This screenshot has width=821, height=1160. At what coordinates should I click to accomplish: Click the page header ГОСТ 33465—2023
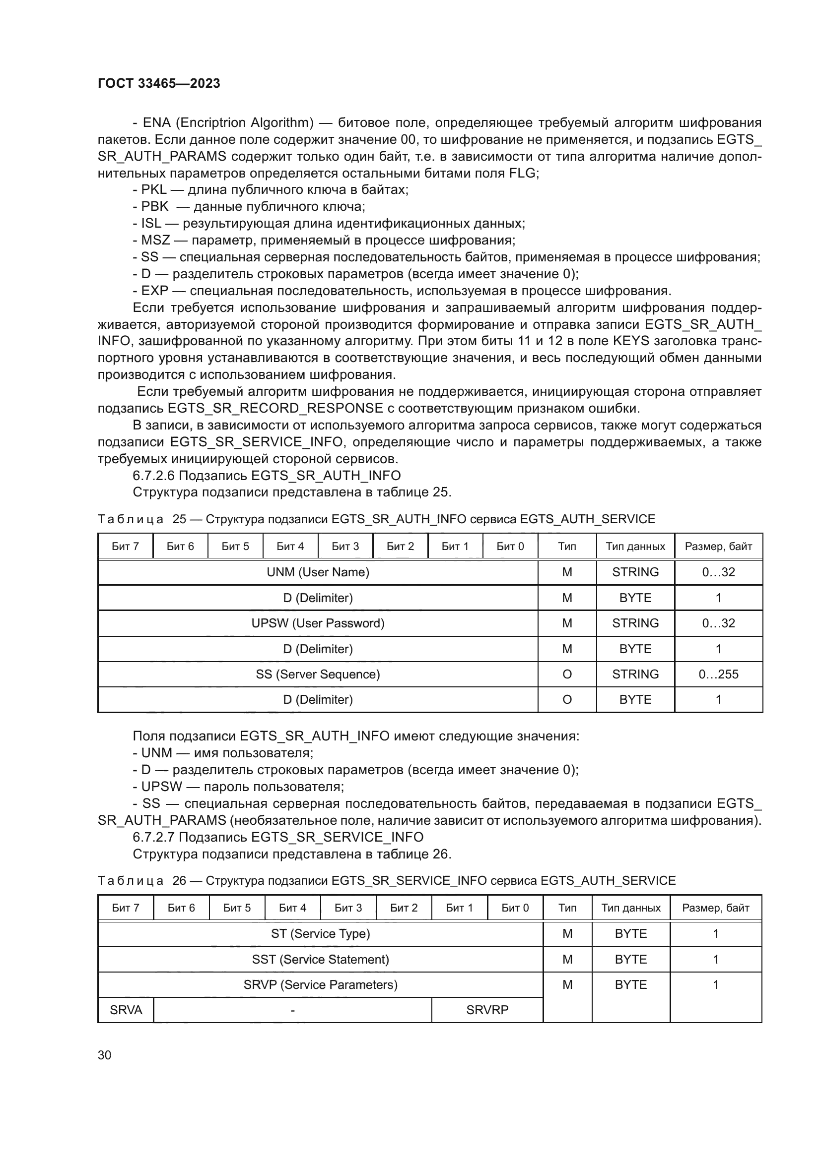(159, 83)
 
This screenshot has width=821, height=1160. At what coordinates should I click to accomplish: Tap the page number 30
(105, 1055)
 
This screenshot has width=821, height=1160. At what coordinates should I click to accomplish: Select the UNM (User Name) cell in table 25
(318, 572)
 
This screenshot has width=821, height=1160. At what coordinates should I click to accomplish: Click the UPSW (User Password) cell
(318, 623)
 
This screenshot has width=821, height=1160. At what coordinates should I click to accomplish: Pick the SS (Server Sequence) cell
(318, 674)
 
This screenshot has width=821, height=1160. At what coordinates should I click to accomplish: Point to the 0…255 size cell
(718, 674)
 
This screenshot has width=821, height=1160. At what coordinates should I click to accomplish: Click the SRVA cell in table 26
(126, 1010)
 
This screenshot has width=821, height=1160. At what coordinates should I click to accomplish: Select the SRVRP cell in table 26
(487, 1010)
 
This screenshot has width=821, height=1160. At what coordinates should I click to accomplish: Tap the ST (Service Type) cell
(320, 933)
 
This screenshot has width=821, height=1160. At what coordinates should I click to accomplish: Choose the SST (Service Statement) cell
(320, 959)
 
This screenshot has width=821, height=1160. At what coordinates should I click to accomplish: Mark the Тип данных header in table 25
(635, 546)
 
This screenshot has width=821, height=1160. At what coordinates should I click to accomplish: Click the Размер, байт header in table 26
(715, 908)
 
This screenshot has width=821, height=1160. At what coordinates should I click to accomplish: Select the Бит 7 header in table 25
(125, 546)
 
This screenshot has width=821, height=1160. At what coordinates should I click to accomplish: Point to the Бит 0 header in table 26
(515, 908)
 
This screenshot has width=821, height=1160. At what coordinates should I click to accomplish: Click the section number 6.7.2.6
(154, 476)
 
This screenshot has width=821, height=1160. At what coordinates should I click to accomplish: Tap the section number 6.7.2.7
(154, 837)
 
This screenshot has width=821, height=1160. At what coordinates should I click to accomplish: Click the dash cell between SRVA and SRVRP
(292, 1010)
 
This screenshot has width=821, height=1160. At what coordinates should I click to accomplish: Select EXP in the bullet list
(154, 291)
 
